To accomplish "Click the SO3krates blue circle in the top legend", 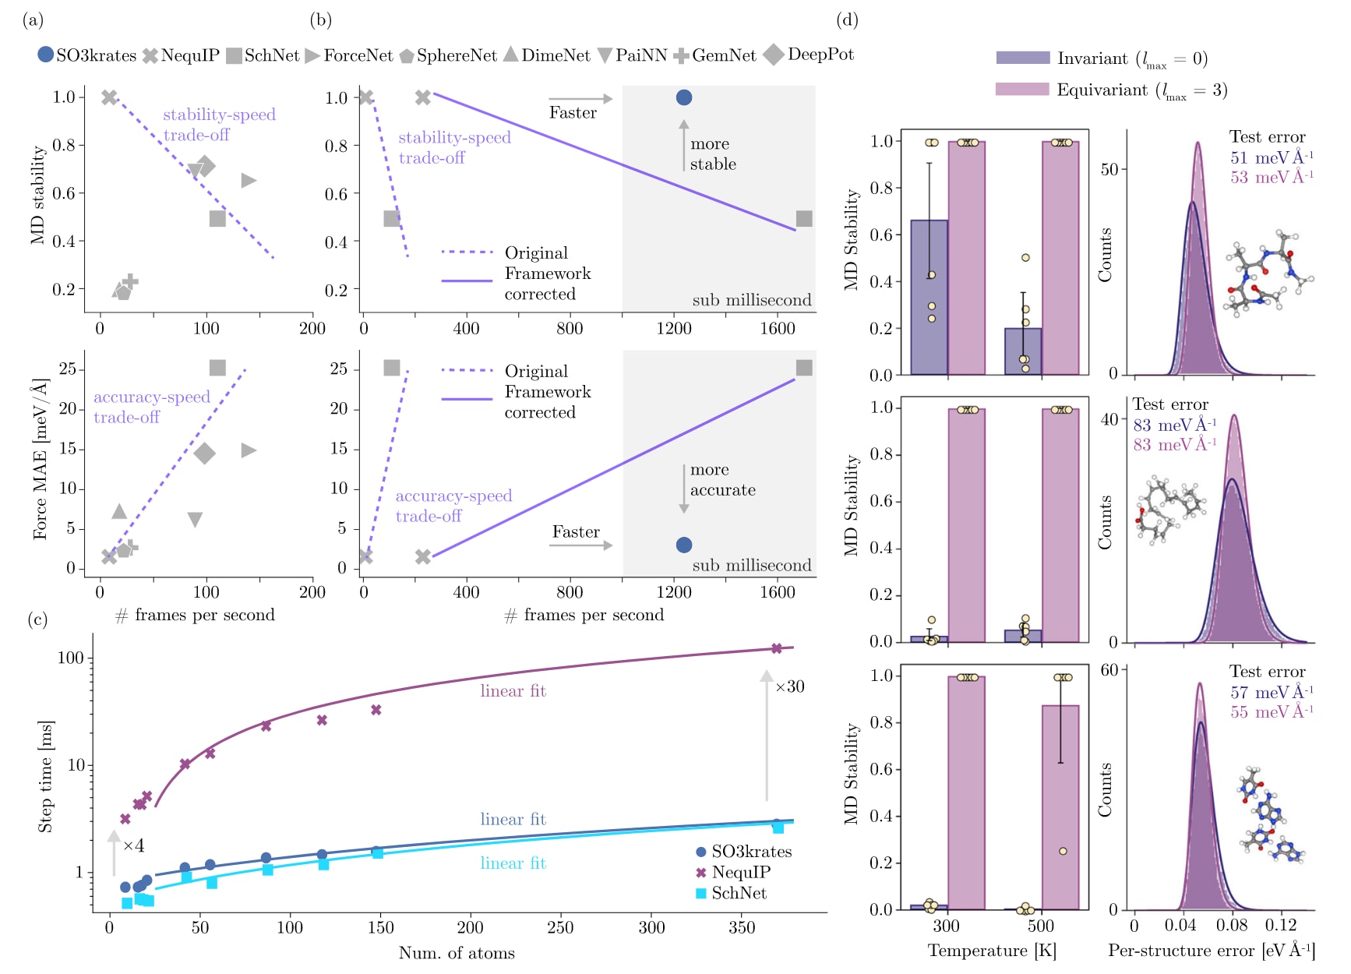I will tap(46, 55).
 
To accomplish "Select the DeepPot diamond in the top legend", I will tap(774, 55).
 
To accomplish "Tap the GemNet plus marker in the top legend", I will tap(681, 56).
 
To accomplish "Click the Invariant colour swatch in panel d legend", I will tap(1022, 58).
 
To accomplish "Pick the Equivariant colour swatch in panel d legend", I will tap(1022, 89).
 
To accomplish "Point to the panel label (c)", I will tap(37, 619).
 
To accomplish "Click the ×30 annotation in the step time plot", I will tap(789, 686).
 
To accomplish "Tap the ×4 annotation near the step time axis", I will tap(133, 845).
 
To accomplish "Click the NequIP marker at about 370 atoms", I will tap(776, 648).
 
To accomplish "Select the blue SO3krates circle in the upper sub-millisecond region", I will tap(684, 97).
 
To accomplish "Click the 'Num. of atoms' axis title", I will tap(457, 953).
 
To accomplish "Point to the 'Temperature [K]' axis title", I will tap(992, 951).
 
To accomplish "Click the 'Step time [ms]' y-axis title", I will tap(45, 776).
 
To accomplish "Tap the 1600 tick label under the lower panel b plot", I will tap(778, 592).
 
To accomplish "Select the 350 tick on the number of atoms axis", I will tap(741, 927).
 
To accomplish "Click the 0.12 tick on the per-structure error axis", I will tap(1280, 926).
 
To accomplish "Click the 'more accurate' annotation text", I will tap(722, 480).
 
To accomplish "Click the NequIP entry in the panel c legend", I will tap(740, 873).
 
